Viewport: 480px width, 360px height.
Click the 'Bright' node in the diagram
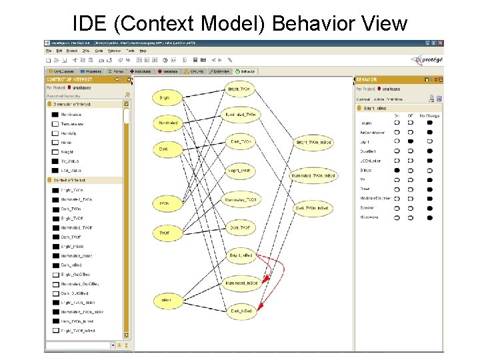[x=165, y=99]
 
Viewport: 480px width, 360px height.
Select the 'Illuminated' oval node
[x=168, y=123]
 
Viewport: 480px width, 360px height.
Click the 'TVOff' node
[x=164, y=233]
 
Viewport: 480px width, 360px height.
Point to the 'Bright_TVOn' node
[x=239, y=89]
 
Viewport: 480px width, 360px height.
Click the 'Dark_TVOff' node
[x=240, y=228]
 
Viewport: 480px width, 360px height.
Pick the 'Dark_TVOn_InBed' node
[x=311, y=209]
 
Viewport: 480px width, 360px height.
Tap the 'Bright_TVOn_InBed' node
[x=311, y=142]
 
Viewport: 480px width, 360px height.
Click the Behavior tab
[x=245, y=71]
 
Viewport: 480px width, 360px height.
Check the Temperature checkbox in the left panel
[x=55, y=124]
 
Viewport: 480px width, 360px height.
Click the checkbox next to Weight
[x=55, y=152]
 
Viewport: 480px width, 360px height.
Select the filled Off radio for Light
[x=411, y=141]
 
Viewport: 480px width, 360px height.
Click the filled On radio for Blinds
[x=397, y=170]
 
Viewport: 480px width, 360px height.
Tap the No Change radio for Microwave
[x=429, y=217]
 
